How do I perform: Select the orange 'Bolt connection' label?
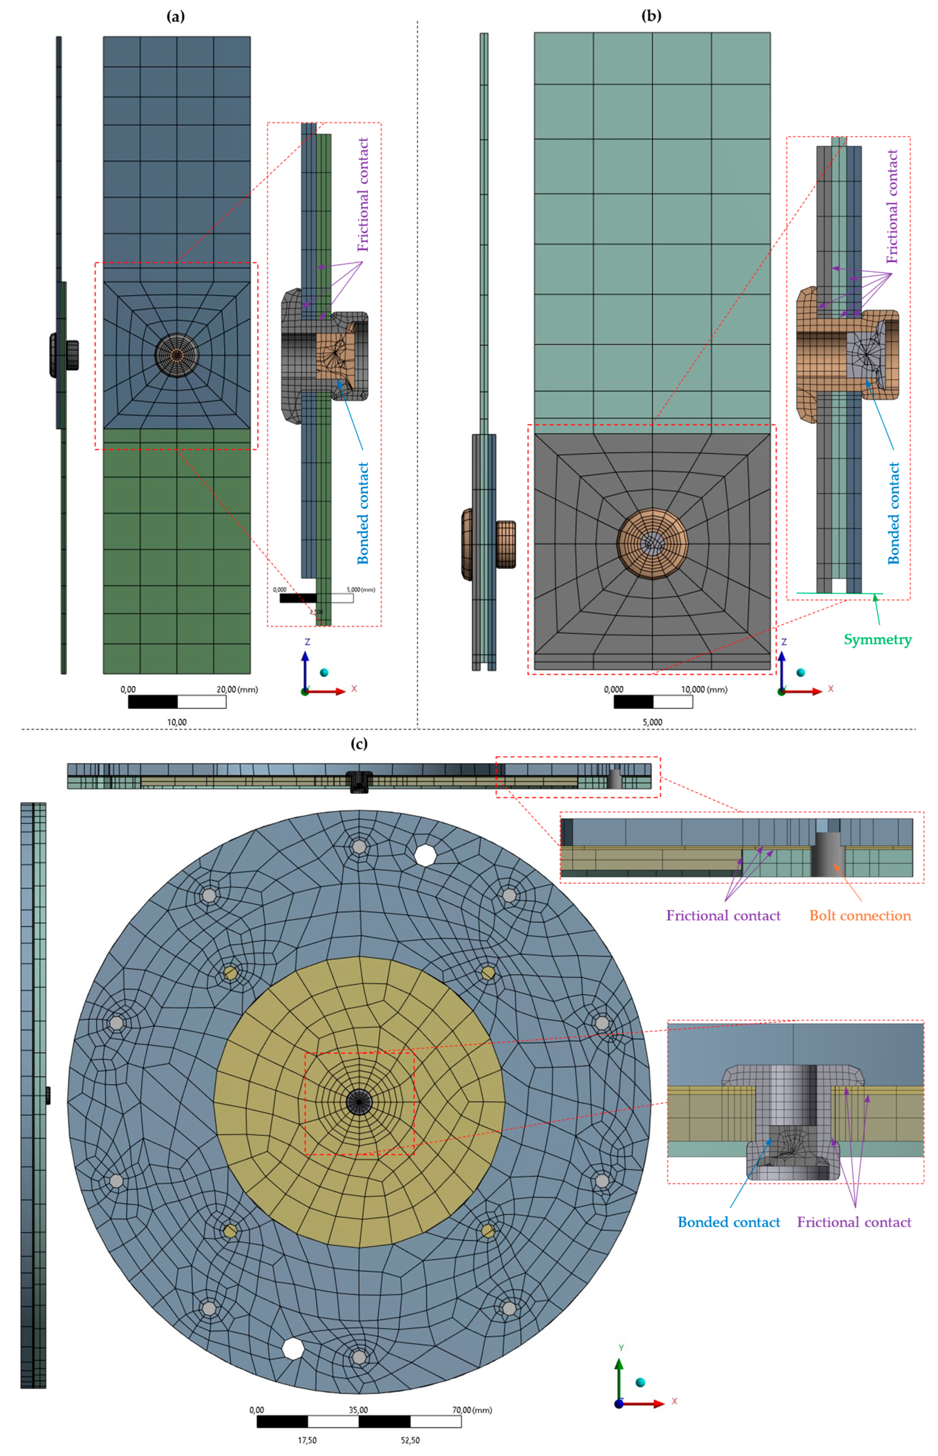[x=860, y=916]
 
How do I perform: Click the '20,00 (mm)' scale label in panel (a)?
[x=238, y=690]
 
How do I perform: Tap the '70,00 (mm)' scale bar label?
[x=472, y=1410]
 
